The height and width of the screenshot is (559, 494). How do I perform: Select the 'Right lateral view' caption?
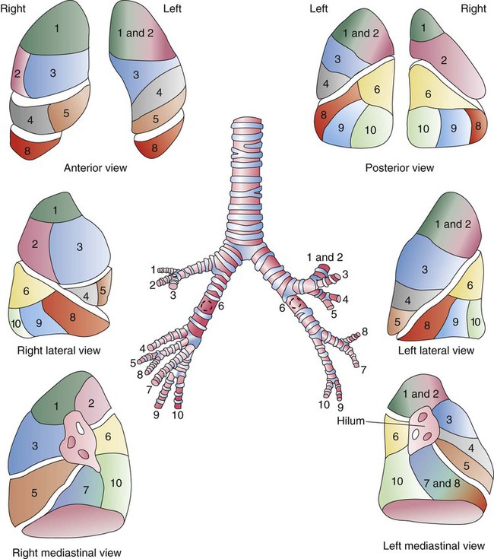pos(59,351)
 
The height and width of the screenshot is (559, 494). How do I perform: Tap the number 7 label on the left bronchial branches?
pos(363,370)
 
